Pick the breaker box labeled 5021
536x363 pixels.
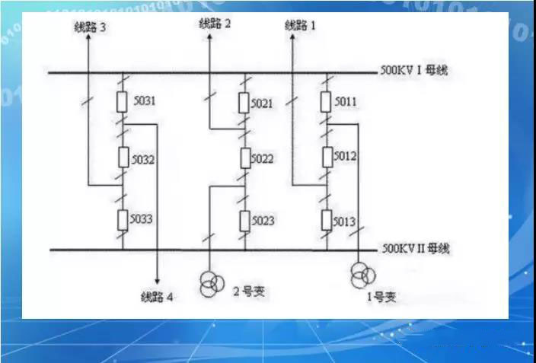point(244,102)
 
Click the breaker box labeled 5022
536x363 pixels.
point(244,159)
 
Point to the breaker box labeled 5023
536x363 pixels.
point(244,221)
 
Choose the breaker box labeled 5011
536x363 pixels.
point(327,100)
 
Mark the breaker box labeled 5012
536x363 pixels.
point(327,157)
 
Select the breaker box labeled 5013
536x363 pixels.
point(327,221)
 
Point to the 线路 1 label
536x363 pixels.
point(301,25)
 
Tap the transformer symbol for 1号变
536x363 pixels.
point(360,275)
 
